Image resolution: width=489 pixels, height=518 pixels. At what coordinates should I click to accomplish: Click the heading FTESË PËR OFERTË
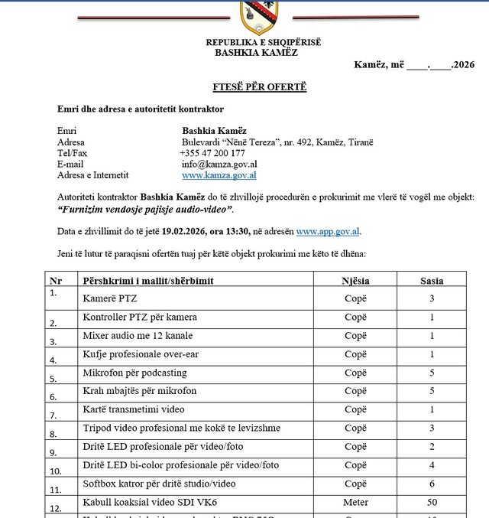pyautogui.click(x=259, y=87)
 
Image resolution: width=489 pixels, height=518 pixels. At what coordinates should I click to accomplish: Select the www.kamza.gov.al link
pyautogui.click(x=219, y=175)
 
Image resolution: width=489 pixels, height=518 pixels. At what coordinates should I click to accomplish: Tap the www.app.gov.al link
pyautogui.click(x=328, y=230)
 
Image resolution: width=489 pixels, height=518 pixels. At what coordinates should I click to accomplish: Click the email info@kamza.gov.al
pyautogui.click(x=219, y=164)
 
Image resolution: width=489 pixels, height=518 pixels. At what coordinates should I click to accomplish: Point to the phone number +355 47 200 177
pyautogui.click(x=212, y=153)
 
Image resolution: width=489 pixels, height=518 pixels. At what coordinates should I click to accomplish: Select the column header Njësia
pyautogui.click(x=356, y=281)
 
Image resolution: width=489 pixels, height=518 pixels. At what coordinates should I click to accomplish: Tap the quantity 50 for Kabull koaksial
pyautogui.click(x=432, y=503)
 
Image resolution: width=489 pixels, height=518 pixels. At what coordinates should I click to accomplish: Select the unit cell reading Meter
pyautogui.click(x=356, y=503)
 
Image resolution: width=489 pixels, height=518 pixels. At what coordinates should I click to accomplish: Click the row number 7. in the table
pyautogui.click(x=53, y=416)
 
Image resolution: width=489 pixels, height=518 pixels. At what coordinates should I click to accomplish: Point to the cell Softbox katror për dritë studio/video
pyautogui.click(x=159, y=484)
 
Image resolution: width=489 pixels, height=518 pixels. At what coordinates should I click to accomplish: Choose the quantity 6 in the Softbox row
pyautogui.click(x=432, y=484)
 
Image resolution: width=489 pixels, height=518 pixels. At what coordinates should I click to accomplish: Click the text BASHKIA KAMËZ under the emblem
pyautogui.click(x=256, y=53)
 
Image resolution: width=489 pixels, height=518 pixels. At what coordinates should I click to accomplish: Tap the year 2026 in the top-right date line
pyautogui.click(x=463, y=65)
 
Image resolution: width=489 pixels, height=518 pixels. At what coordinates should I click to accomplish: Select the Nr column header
pyautogui.click(x=55, y=281)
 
